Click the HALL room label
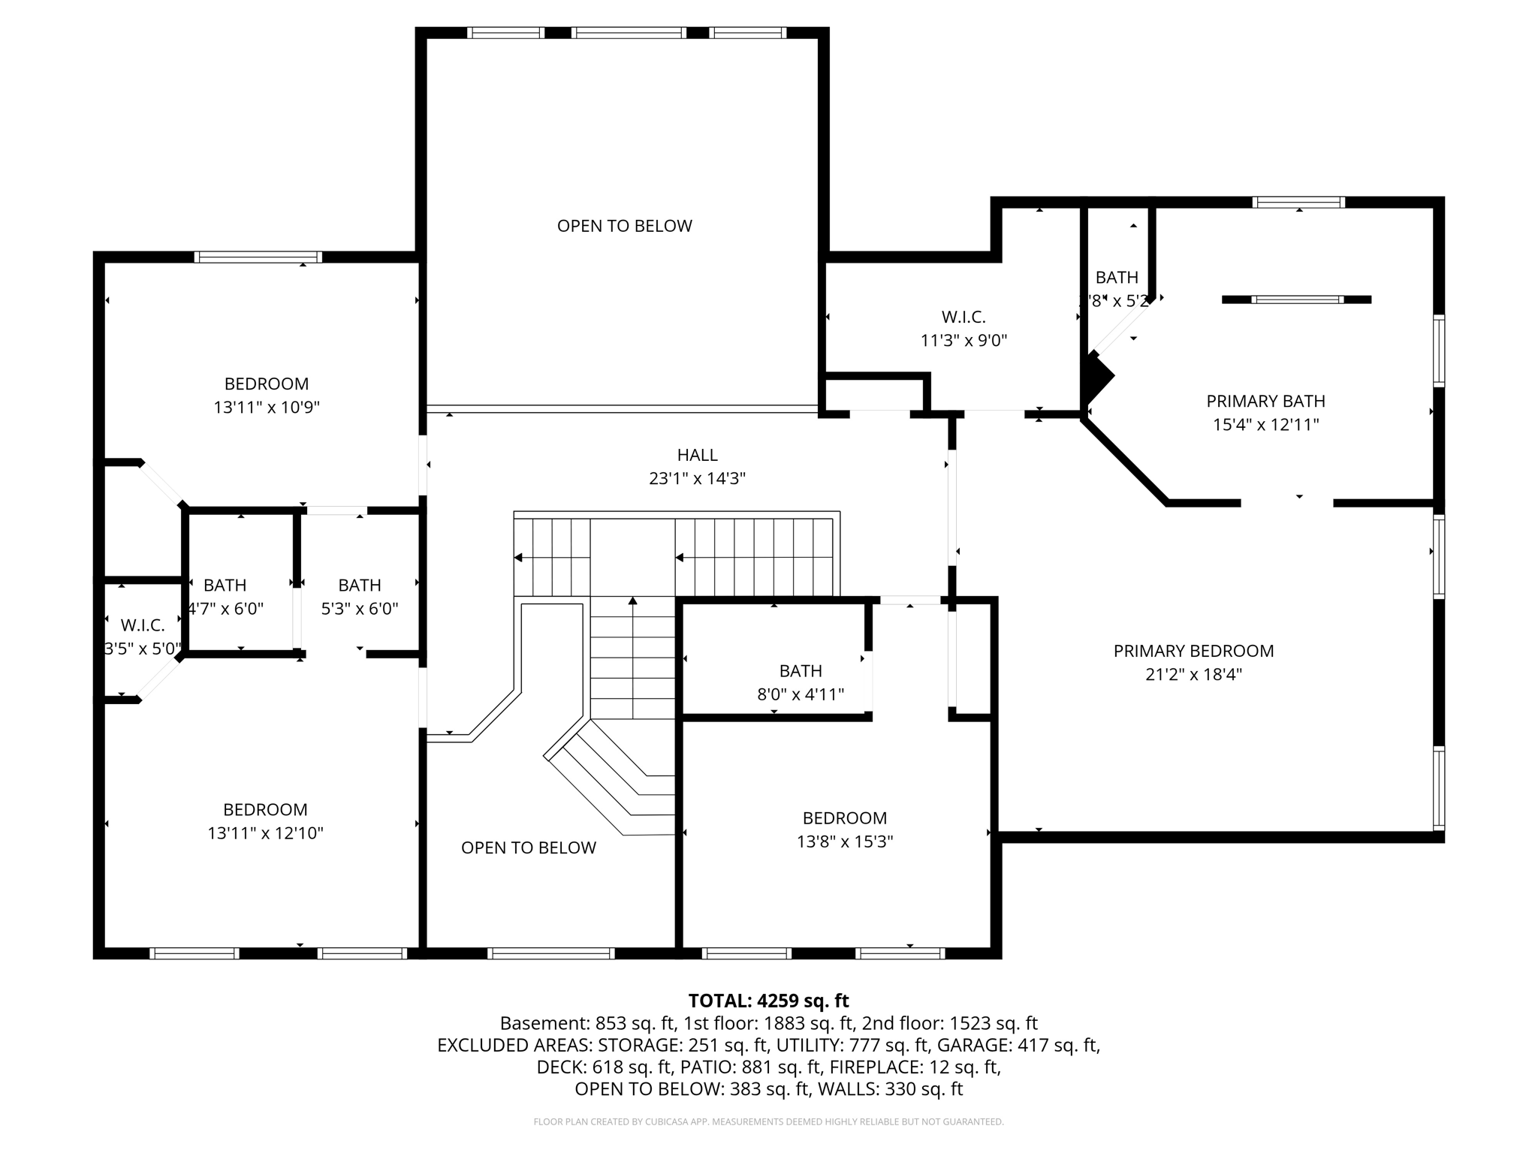click(697, 455)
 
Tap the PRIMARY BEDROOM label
click(1193, 651)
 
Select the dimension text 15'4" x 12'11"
click(1265, 425)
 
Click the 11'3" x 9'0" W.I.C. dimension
click(964, 341)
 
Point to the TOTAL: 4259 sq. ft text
click(768, 1001)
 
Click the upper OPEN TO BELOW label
click(624, 226)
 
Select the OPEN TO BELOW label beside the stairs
click(528, 847)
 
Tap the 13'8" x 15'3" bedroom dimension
click(844, 841)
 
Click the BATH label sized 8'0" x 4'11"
click(801, 671)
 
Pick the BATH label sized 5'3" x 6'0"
click(359, 585)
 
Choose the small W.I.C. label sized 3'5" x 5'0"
click(143, 625)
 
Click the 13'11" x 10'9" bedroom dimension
click(267, 408)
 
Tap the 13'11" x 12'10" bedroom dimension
click(265, 833)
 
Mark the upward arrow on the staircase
click(633, 601)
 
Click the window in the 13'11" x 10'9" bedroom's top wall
click(258, 257)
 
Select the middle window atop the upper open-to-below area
click(628, 33)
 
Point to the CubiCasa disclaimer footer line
click(768, 1122)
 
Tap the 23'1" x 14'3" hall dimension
click(697, 479)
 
